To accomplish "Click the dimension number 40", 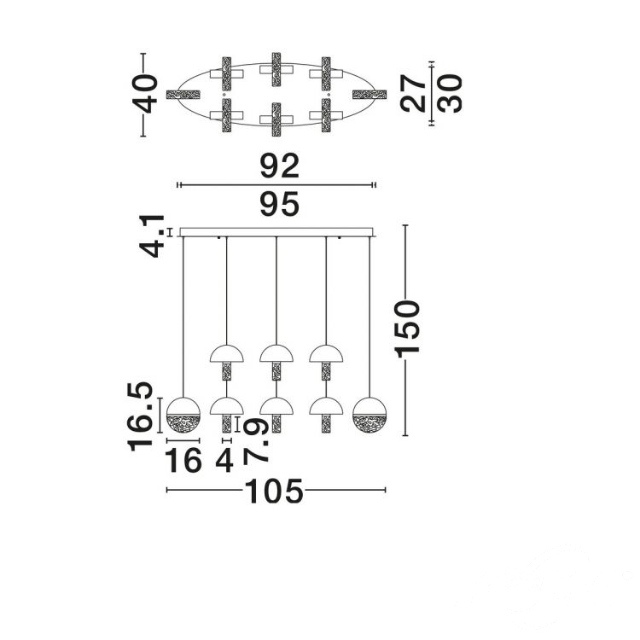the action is pyautogui.click(x=146, y=94).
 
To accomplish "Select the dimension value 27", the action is pyautogui.click(x=413, y=94).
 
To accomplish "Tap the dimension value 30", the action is pyautogui.click(x=450, y=94).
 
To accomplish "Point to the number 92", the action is pyautogui.click(x=280, y=166).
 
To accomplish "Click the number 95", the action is pyautogui.click(x=280, y=205).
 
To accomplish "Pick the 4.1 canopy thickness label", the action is pyautogui.click(x=152, y=236).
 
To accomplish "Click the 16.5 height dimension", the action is pyautogui.click(x=141, y=416).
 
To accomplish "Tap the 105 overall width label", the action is pyautogui.click(x=274, y=490).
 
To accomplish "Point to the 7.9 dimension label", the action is pyautogui.click(x=256, y=440).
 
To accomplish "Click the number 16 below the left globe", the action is pyautogui.click(x=183, y=460).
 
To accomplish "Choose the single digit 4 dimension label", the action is pyautogui.click(x=224, y=460).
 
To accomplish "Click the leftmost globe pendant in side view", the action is pyautogui.click(x=183, y=415).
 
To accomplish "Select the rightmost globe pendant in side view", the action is pyautogui.click(x=369, y=415).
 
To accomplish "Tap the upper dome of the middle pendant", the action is pyautogui.click(x=276, y=354).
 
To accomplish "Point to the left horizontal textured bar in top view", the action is pyautogui.click(x=183, y=95).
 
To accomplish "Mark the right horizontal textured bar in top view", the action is pyautogui.click(x=369, y=95).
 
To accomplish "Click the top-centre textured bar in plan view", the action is pyautogui.click(x=276, y=69).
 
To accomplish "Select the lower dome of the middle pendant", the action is pyautogui.click(x=276, y=406).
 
